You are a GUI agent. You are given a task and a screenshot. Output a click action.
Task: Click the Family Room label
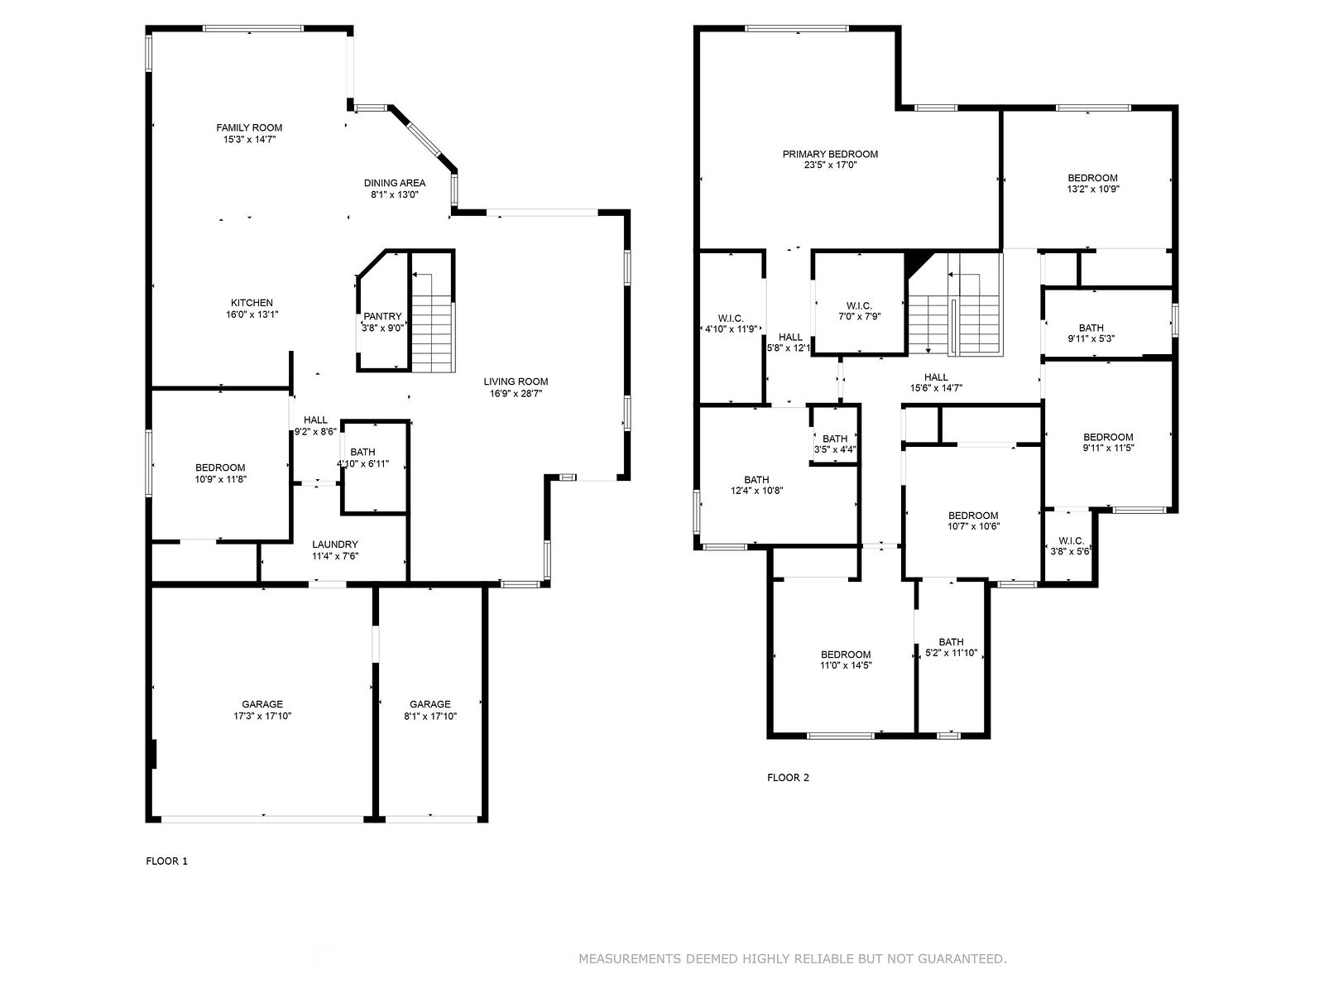[x=249, y=133]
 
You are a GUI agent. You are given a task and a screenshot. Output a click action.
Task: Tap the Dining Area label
[x=395, y=189]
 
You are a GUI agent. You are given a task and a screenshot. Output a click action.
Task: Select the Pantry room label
[x=382, y=322]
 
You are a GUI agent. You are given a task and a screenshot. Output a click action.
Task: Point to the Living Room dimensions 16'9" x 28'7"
[x=516, y=394]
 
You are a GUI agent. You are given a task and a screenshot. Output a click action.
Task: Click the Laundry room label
[x=335, y=549]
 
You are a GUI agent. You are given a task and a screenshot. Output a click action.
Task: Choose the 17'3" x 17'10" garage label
[x=262, y=710]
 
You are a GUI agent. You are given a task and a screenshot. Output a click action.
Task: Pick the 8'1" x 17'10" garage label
[x=430, y=710]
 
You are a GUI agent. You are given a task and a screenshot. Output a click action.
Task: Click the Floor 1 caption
[x=166, y=861]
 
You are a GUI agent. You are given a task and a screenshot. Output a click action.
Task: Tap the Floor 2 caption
[x=788, y=778]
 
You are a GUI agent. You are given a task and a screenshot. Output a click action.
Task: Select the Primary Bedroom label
[x=830, y=159]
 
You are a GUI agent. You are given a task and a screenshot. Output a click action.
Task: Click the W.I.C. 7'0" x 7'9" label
[x=859, y=311]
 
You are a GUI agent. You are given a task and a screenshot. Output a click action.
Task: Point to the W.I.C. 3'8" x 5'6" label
[x=1071, y=545]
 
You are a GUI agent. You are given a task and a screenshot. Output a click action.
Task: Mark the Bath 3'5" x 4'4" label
[x=835, y=444]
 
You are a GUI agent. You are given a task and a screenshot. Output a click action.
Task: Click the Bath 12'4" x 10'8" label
[x=756, y=486]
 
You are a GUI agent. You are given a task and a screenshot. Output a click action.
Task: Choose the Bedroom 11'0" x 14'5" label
[x=846, y=660]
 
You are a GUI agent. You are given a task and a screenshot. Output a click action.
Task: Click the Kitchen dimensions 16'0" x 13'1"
[x=252, y=314]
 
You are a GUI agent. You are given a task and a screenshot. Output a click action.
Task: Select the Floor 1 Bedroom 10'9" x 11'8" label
[x=220, y=473]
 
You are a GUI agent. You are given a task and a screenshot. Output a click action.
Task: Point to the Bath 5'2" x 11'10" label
[x=952, y=648]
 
